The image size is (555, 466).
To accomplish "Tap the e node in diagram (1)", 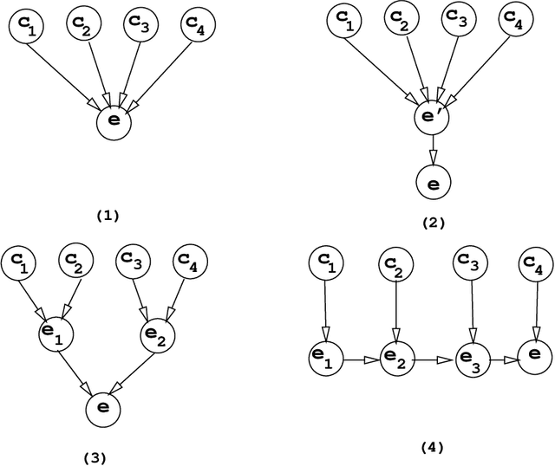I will click(x=113, y=122).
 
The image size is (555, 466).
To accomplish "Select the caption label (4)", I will click(x=431, y=447).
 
